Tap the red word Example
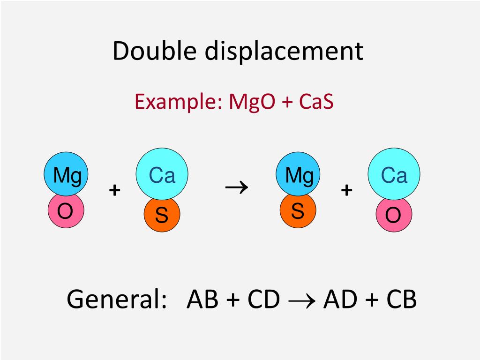[x=176, y=101]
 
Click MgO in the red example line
[x=252, y=101]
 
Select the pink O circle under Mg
[x=65, y=211]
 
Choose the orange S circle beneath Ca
[x=162, y=216]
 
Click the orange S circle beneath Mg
[x=298, y=211]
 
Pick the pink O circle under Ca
[x=394, y=216]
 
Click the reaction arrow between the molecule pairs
[x=237, y=187]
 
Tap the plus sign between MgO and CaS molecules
[x=114, y=190]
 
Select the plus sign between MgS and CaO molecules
[x=346, y=190]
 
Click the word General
[x=117, y=299]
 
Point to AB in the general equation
[x=202, y=299]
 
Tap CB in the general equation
[x=401, y=299]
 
